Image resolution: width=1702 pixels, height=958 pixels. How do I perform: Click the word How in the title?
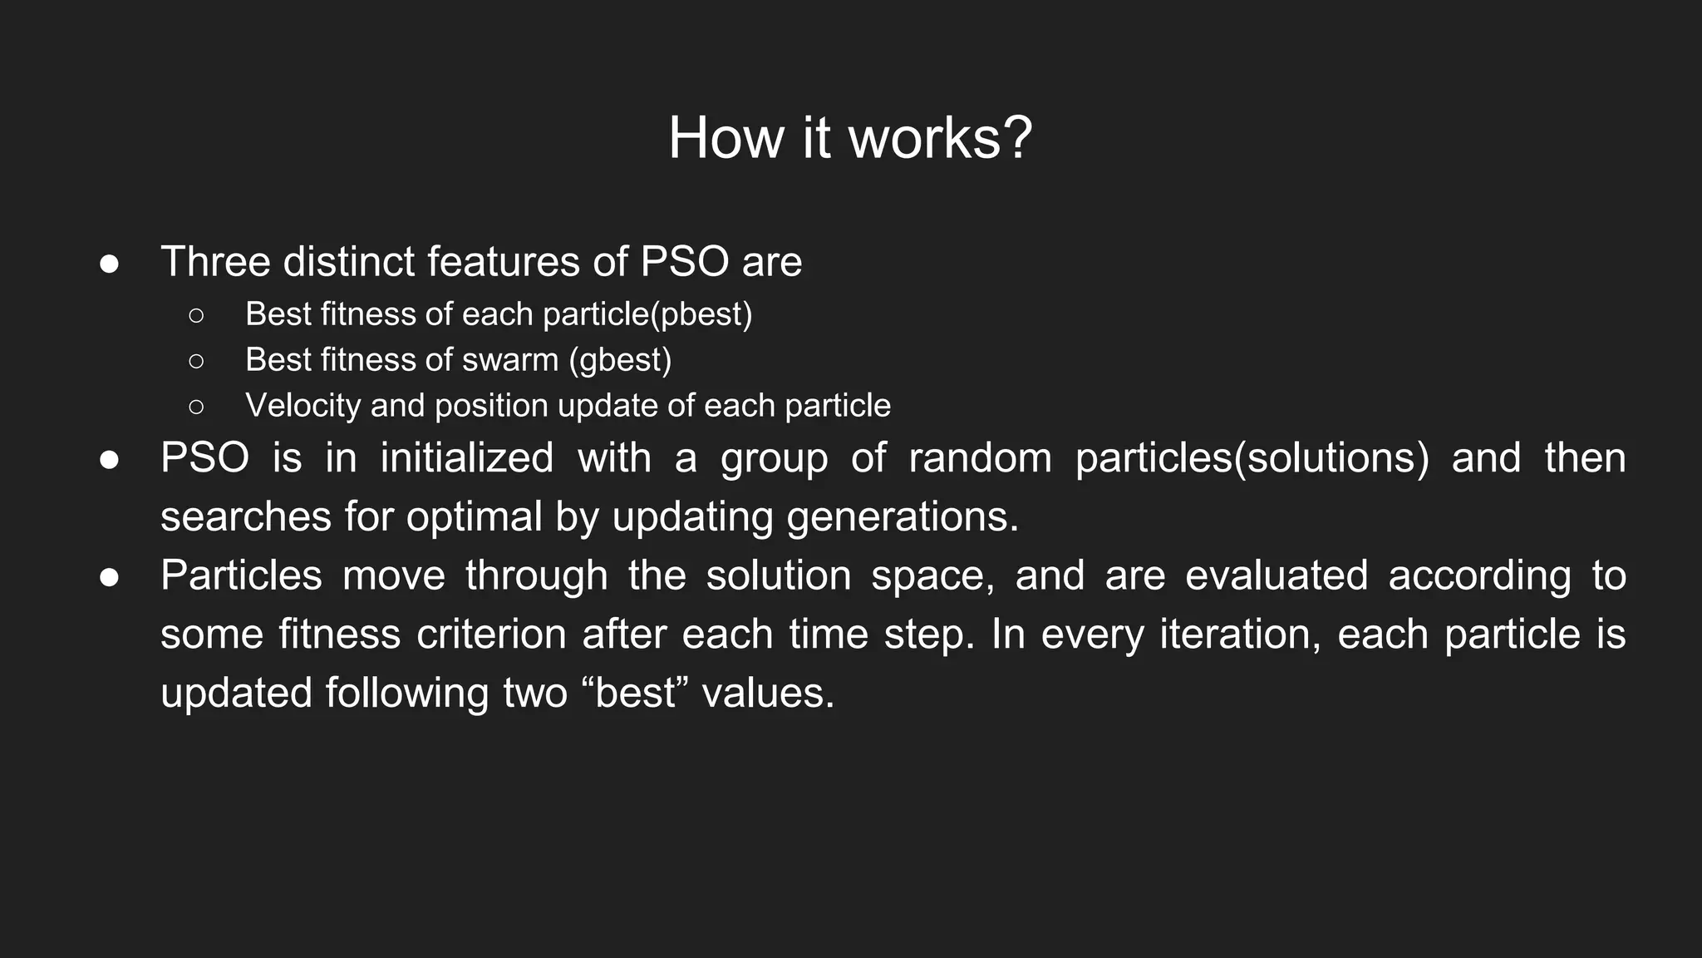point(726,138)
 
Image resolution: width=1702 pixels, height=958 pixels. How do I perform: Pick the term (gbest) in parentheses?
point(621,360)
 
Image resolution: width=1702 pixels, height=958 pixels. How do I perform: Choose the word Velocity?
point(303,406)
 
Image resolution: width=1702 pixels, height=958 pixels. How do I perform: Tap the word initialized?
point(466,458)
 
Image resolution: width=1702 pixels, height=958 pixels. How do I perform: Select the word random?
point(980,458)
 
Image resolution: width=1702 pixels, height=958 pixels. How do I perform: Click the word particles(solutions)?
point(1252,458)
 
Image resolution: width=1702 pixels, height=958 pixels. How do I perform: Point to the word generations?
point(902,517)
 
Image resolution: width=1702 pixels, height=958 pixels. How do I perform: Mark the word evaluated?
point(1276,575)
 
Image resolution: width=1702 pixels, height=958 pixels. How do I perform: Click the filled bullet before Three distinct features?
point(110,264)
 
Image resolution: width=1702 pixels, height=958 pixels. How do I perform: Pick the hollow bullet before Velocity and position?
point(196,407)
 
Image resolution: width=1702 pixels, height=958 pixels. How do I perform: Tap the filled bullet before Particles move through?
point(110,577)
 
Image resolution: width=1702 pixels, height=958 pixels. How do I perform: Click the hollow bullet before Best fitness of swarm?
point(196,361)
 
